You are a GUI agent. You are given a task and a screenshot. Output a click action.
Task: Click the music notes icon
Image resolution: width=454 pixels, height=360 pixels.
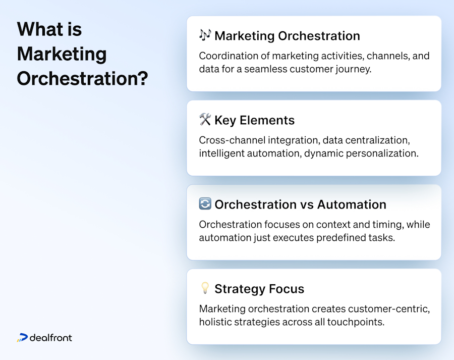pyautogui.click(x=205, y=35)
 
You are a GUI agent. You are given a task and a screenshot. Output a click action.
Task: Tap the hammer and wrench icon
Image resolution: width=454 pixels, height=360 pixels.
pyautogui.click(x=205, y=120)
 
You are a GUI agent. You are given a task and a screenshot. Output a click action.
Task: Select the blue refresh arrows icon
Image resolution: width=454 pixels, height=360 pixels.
pyautogui.click(x=205, y=203)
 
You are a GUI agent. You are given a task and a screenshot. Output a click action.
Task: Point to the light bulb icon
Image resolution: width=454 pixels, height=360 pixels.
pyautogui.click(x=205, y=288)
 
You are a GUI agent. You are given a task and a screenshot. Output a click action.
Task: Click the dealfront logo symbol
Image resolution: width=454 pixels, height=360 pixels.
pyautogui.click(x=22, y=338)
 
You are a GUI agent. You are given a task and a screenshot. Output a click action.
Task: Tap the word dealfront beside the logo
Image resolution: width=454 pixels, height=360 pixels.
pyautogui.click(x=50, y=338)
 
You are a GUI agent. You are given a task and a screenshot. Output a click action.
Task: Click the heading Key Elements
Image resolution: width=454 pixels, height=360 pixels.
pyautogui.click(x=255, y=120)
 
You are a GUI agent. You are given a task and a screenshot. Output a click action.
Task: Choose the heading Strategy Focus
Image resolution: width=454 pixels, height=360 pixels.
pyautogui.click(x=259, y=289)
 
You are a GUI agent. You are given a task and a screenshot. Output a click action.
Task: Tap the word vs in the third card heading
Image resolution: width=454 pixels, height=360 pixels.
pyautogui.click(x=307, y=204)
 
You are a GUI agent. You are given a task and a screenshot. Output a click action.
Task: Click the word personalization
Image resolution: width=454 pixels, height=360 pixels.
pyautogui.click(x=382, y=153)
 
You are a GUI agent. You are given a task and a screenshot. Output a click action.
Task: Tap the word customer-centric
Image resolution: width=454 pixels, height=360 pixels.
pyautogui.click(x=389, y=308)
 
